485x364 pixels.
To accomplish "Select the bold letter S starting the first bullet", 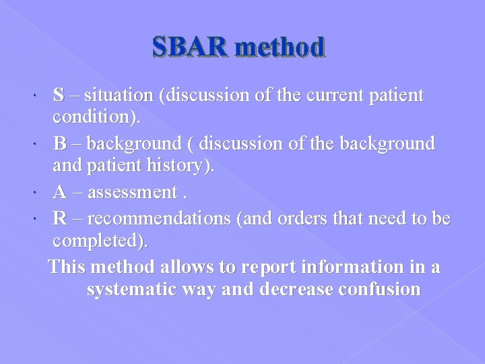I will pos(59,96).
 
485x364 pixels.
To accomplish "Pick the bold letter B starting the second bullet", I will pos(59,144).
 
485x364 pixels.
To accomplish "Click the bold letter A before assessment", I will pos(60,193).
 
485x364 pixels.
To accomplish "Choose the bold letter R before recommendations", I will pos(60,218).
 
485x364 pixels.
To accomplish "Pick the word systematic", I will pos(136,290).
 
